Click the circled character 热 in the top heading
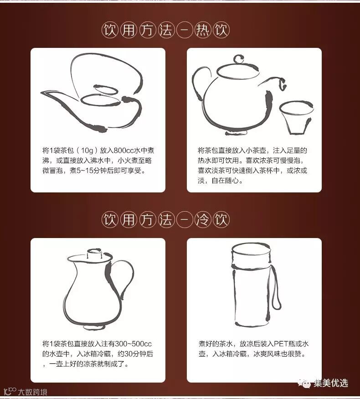(203, 30)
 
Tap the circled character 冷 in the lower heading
(203, 220)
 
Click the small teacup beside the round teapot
(297, 118)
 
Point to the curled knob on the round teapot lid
(239, 59)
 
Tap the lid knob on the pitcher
(95, 253)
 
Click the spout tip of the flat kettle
(42, 93)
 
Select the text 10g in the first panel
(87, 150)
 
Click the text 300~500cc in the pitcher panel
(133, 344)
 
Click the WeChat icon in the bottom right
(304, 383)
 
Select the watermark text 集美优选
(330, 383)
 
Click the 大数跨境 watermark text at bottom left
(32, 392)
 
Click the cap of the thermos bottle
(251, 255)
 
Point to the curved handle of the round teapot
(201, 82)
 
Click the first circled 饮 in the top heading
(110, 30)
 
